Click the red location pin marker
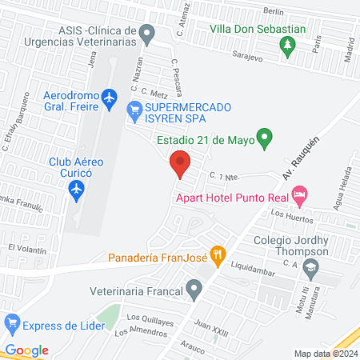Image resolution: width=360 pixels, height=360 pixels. [180, 164]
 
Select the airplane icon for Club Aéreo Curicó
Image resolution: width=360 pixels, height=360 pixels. [76, 190]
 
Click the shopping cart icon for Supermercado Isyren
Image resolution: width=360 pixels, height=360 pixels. [134, 109]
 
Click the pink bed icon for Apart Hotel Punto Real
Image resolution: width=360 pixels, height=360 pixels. [300, 194]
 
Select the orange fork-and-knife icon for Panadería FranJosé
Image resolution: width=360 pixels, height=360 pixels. [217, 256]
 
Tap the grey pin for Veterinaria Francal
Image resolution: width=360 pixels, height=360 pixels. [193, 287]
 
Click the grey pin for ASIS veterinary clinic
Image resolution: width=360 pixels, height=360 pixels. [146, 34]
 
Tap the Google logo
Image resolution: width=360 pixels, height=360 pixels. [26, 350]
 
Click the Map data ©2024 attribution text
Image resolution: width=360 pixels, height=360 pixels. [326, 354]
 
